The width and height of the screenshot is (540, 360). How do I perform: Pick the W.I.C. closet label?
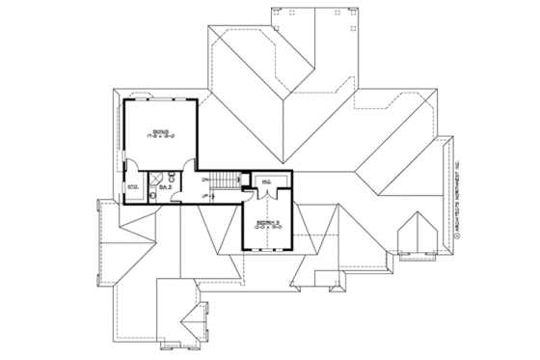tap(265, 180)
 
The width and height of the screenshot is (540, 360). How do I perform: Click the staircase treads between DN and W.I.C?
tap(226, 181)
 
